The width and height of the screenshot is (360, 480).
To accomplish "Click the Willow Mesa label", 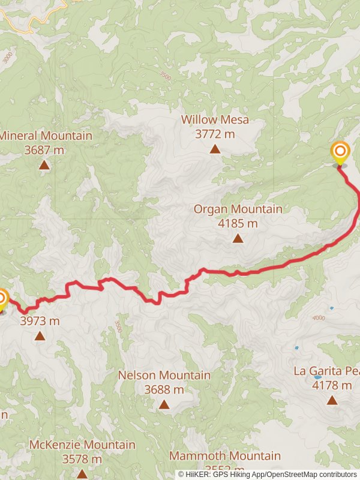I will click(215, 120).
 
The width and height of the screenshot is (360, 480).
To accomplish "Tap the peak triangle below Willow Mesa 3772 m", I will click(215, 149).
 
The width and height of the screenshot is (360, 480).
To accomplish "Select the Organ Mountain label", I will click(238, 209).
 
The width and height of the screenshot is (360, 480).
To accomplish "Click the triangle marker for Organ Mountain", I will click(238, 239).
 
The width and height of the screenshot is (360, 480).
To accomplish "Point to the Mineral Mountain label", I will click(46, 136).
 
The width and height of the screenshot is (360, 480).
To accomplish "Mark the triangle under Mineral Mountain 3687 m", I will click(44, 164).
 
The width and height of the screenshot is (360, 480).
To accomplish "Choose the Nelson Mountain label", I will click(164, 376).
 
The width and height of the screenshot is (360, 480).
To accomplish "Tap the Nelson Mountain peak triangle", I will click(164, 404).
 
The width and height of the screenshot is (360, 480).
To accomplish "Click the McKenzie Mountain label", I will click(82, 445).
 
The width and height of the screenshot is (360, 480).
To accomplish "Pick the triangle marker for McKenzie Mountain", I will click(82, 474).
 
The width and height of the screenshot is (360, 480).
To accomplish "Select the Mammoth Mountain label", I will click(224, 456).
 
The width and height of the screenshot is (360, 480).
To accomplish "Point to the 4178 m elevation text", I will click(332, 385).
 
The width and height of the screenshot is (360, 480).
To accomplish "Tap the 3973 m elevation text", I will click(40, 321).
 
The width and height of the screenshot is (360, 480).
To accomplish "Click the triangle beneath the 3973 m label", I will click(40, 336).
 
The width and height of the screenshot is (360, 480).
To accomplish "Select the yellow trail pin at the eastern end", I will click(340, 152).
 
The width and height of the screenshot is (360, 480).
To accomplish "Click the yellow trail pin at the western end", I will click(2, 299).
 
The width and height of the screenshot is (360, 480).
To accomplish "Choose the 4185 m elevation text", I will click(238, 224).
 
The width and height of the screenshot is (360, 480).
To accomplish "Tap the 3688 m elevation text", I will click(164, 389).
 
